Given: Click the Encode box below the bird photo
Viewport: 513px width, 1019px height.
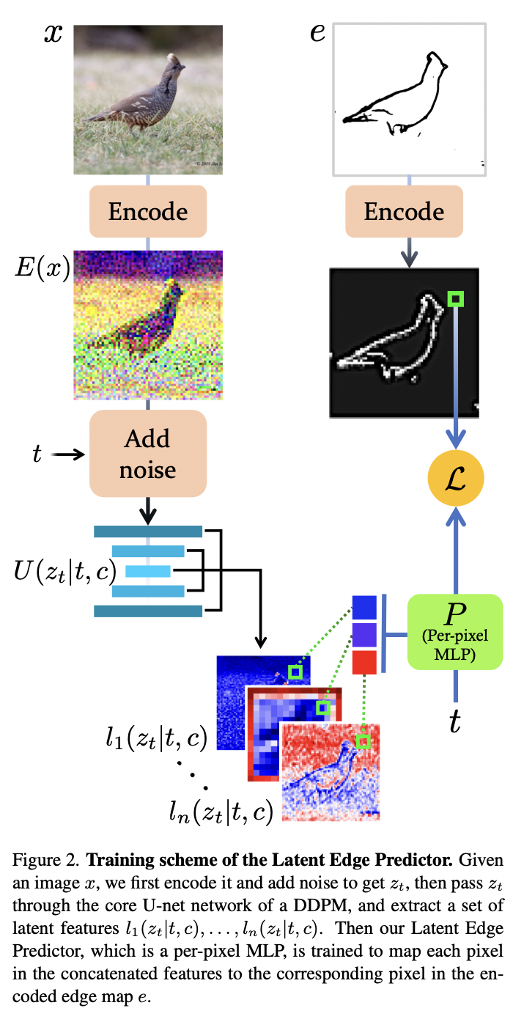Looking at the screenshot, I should coord(148,212).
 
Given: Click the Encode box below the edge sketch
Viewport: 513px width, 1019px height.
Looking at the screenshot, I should coord(404,212).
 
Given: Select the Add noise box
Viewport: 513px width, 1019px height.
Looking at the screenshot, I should coord(148,454).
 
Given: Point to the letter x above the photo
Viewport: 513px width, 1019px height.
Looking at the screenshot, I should coord(53,34).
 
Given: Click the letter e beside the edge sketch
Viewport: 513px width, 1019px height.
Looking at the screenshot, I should coord(317,33).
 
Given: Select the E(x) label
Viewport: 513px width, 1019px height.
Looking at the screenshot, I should coord(42,270).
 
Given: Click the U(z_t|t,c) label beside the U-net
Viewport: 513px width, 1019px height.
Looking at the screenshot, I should coord(64,569).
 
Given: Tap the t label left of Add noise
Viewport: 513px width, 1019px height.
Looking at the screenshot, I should coord(37,455).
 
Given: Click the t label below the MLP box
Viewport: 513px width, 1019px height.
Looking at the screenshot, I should coord(455,722).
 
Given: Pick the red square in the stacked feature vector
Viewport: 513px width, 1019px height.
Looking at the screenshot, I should coord(364,661).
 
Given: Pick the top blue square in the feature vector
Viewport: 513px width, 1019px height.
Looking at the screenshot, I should coord(364,606).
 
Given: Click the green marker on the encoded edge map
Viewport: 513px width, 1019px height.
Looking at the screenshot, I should coord(456,298).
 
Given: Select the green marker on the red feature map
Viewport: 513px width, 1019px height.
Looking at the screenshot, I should coord(362,742).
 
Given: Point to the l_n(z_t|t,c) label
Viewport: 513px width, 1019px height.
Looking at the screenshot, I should coord(221,809).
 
